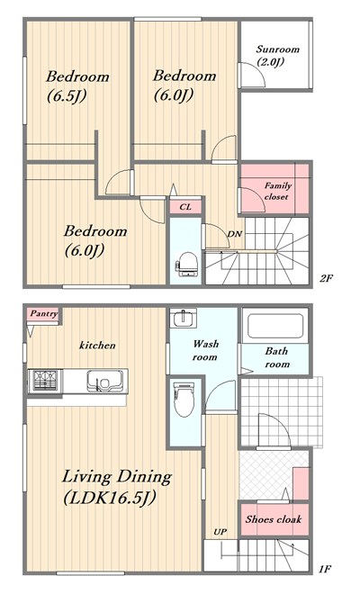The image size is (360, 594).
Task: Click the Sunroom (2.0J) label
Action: pos(277,55)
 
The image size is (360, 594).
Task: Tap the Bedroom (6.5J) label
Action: pos(77,86)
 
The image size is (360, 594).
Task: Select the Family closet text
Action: pos(277,192)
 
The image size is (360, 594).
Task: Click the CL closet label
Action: pos(185,207)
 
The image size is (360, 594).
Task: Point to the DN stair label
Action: pos(234,234)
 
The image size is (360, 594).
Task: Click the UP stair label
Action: pos(220,532)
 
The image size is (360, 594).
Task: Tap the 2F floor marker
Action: pos(326,279)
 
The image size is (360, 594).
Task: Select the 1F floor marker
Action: pos(325,569)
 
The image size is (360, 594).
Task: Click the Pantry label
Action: pos(44,314)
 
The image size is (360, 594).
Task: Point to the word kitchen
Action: pos(97,345)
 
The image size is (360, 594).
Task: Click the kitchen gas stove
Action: pos(45,381)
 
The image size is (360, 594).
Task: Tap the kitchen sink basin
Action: pos(105,381)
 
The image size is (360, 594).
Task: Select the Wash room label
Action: pos(205,350)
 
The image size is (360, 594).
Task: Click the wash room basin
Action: pos(183,318)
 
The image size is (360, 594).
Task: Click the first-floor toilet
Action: pos(184,400)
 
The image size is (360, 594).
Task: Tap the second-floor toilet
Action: pos(186,265)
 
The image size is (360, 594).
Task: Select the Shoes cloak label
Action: pos(274,519)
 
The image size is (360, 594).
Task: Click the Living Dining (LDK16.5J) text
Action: pos(117,487)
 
